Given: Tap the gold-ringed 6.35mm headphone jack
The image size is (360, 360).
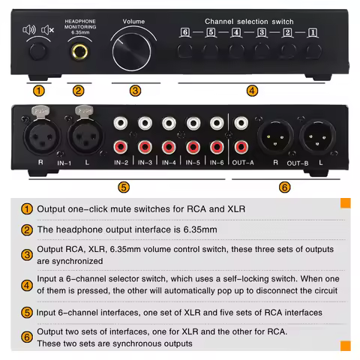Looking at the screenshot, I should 79,52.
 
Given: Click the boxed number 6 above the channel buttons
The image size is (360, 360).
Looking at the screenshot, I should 184,33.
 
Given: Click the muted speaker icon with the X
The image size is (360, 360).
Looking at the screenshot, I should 47,31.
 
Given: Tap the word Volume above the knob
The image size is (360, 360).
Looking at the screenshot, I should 133,22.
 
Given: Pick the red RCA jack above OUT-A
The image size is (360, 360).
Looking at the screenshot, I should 241,146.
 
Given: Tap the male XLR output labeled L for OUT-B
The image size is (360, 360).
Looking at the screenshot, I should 316,138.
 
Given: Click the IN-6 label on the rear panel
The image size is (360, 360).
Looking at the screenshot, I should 217,161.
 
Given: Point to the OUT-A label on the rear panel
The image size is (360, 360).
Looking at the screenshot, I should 241,161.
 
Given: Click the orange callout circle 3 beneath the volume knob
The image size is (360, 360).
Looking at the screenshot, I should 135,91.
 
